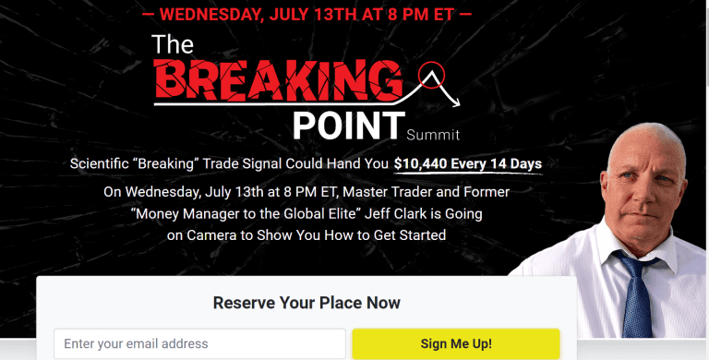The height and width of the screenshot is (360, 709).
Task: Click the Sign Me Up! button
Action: (x=455, y=343)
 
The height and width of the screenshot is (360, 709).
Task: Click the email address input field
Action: (x=199, y=343)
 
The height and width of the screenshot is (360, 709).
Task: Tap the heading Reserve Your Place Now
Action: (x=306, y=303)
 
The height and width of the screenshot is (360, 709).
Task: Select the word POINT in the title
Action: (x=348, y=124)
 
